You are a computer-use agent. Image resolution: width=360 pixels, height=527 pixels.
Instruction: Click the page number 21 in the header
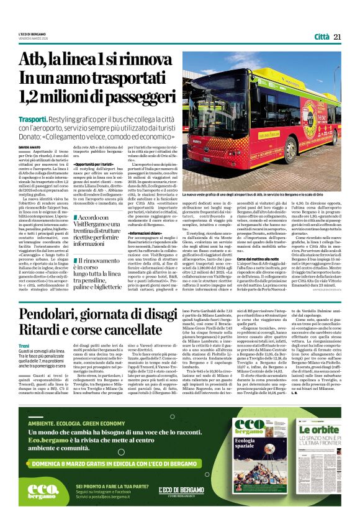(337, 37)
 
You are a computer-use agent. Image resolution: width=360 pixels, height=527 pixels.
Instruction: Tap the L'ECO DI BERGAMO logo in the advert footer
(181, 491)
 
